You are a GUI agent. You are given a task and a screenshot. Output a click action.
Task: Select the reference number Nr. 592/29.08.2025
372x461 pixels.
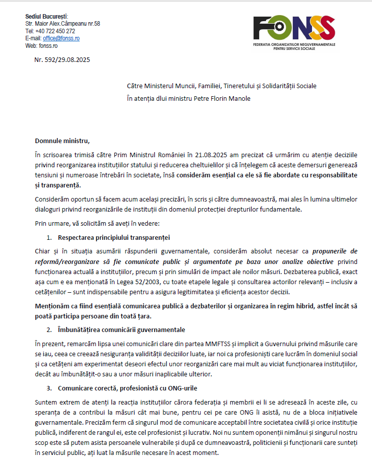(62, 60)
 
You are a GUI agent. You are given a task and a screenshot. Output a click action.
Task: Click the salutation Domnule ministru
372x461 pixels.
(62, 140)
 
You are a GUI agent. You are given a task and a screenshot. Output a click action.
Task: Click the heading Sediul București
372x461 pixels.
(46, 17)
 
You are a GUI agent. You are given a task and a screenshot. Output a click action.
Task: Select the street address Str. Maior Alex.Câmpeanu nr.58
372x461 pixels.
(63, 24)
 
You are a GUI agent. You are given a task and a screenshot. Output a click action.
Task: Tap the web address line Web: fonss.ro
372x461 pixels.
(42, 45)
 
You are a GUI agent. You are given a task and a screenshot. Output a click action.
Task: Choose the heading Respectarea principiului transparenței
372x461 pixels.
(110, 236)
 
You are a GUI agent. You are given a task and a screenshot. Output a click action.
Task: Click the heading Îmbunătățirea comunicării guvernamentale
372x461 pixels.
(121, 330)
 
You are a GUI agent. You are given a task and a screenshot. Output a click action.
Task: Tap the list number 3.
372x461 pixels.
(49, 389)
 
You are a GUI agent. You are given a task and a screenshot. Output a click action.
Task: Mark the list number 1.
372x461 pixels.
(49, 236)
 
